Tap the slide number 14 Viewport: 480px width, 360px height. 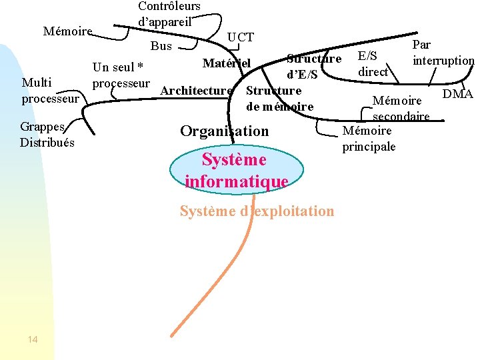33,340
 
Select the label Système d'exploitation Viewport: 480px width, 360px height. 257,211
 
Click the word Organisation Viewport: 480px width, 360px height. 224,131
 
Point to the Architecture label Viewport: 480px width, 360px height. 197,91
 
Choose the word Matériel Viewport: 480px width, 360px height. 226,63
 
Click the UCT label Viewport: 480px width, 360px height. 240,37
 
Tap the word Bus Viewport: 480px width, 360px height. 161,47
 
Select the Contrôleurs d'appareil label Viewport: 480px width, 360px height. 169,13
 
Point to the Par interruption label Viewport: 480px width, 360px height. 443,53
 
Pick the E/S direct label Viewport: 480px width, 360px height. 373,64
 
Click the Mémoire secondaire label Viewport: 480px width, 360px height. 400,109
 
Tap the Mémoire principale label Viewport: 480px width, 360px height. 369,139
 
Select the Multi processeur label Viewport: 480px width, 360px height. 50,91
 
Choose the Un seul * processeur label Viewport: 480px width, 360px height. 120,75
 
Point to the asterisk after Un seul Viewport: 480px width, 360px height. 140,67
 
